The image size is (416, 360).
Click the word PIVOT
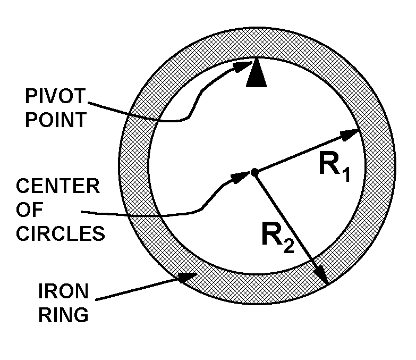(x=55, y=96)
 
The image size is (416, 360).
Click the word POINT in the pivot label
(x=56, y=120)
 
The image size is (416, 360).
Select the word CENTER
(x=58, y=186)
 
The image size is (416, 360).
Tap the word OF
(x=29, y=210)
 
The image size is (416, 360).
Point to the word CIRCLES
(x=61, y=233)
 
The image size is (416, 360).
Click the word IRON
(x=63, y=291)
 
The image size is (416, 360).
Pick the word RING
(x=63, y=315)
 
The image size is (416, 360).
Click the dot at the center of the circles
(x=254, y=173)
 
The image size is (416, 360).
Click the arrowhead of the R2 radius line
(x=322, y=275)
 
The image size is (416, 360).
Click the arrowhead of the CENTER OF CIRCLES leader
(x=241, y=177)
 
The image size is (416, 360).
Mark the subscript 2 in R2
(x=288, y=246)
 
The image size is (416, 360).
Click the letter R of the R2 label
(x=272, y=233)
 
